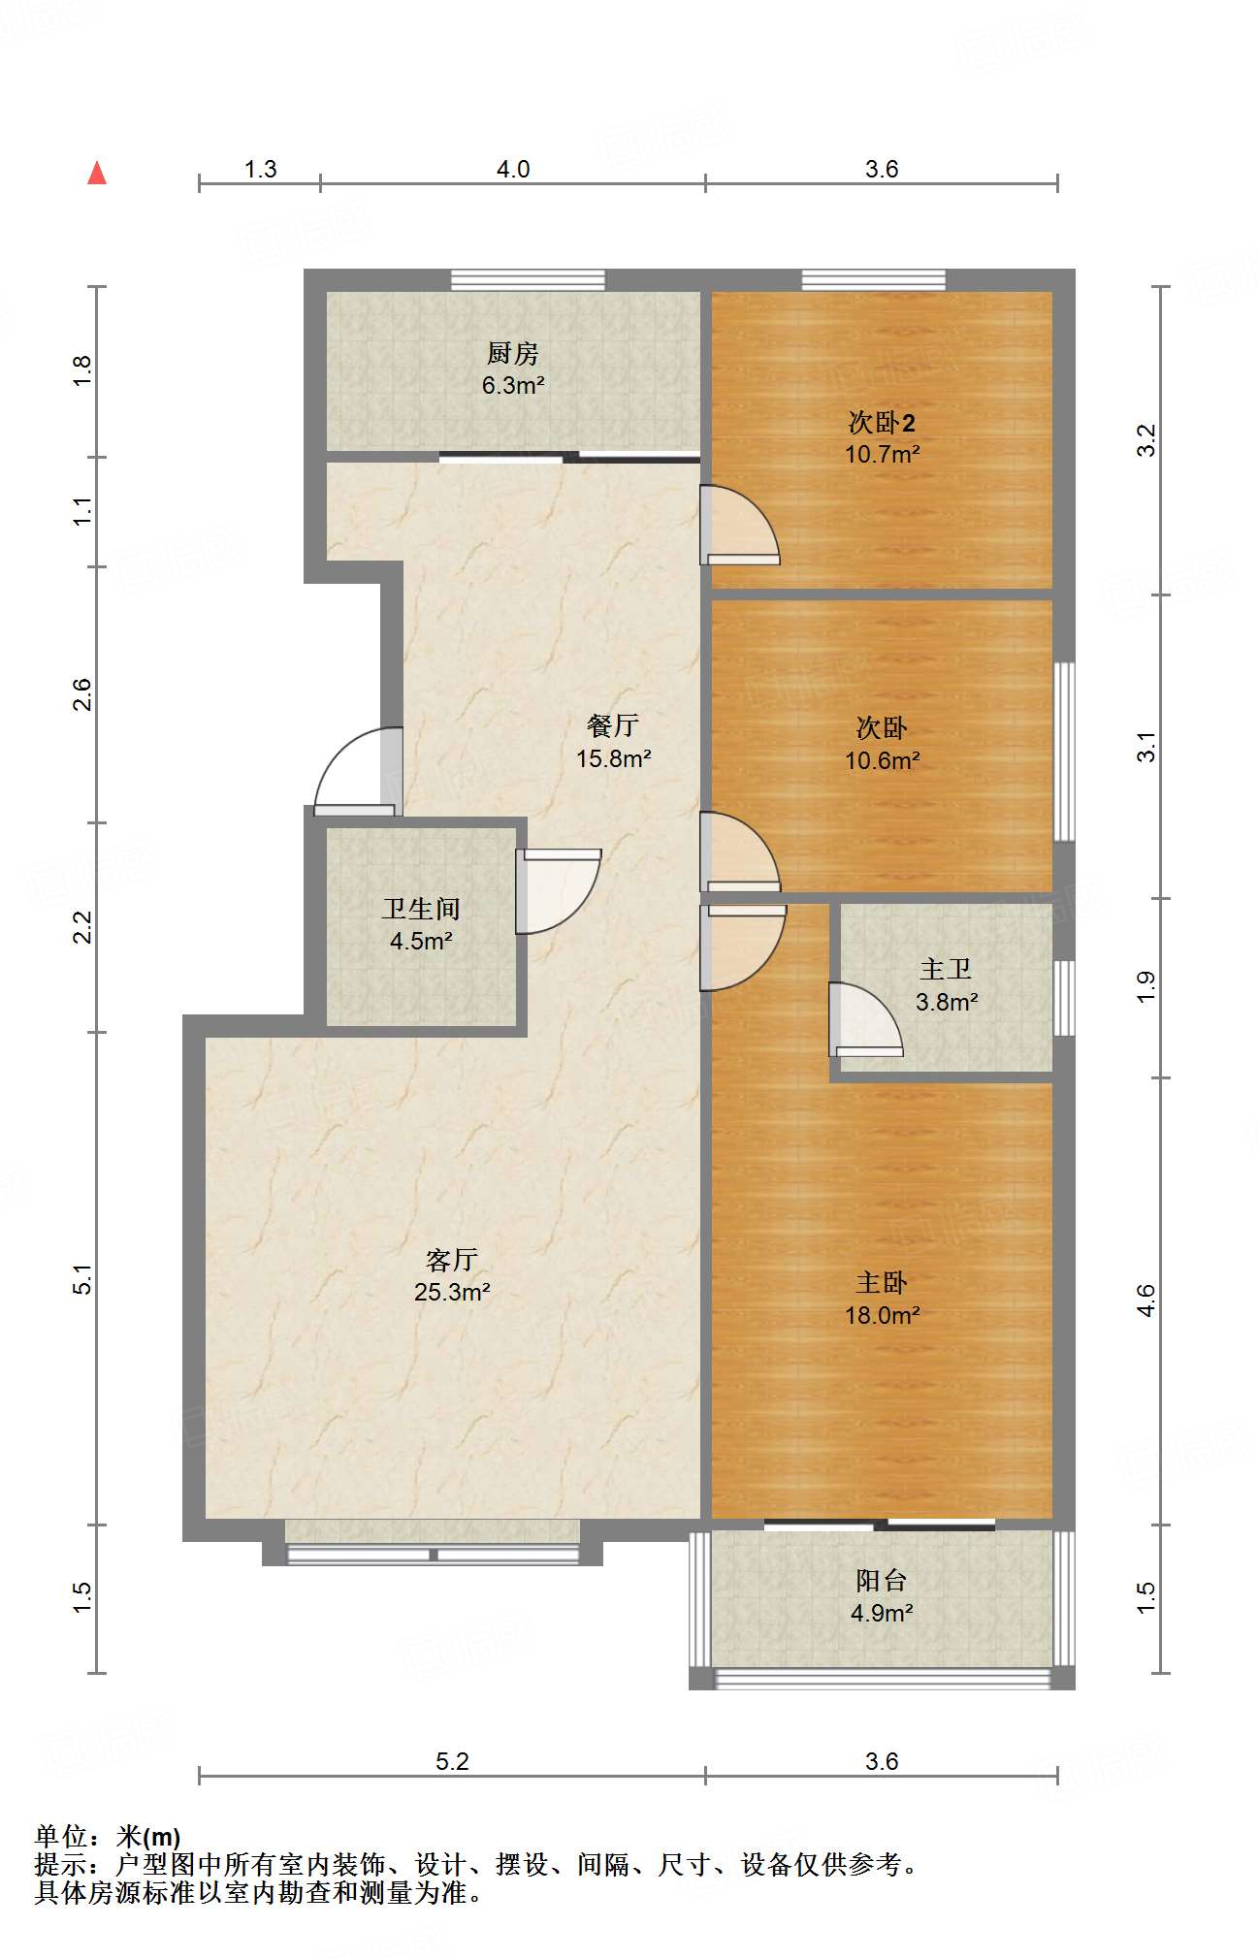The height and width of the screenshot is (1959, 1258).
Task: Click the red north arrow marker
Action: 97,173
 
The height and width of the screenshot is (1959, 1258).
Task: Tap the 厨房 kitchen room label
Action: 512,353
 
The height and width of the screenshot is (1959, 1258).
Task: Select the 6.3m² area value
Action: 513,385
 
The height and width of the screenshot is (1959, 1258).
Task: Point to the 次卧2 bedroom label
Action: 882,423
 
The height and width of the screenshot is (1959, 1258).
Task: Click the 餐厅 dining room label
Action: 613,725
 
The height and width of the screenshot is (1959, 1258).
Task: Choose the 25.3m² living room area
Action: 452,1292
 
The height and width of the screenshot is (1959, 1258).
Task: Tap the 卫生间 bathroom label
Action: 421,909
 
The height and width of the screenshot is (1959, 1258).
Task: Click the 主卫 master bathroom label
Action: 946,970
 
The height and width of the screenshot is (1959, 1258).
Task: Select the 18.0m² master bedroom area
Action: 882,1315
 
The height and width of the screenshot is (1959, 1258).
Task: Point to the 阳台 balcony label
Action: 882,1581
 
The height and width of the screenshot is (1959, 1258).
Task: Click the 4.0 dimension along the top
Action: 513,170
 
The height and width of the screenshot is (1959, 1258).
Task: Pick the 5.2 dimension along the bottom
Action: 452,1761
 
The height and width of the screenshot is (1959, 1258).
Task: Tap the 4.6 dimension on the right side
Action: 1146,1301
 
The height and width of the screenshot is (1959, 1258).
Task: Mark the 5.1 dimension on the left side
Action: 82,1279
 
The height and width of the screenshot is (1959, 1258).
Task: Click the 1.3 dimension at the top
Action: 260,170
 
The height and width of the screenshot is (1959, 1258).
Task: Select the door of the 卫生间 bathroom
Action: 558,891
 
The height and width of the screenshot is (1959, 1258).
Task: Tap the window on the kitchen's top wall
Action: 529,280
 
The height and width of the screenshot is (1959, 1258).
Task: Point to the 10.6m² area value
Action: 882,760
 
